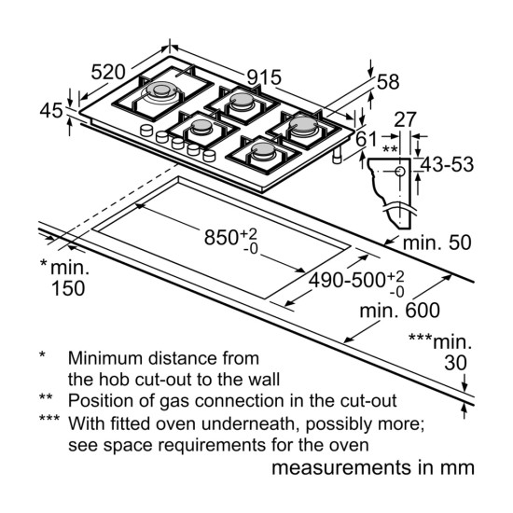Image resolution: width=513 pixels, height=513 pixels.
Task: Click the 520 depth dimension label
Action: click(108, 73)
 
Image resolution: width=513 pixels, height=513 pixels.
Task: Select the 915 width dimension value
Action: click(264, 77)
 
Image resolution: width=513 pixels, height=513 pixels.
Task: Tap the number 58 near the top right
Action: click(388, 82)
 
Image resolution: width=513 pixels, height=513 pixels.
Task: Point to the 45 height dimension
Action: click(51, 110)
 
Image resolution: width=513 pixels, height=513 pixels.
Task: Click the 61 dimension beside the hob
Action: click(367, 139)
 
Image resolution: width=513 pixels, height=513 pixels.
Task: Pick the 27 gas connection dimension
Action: click(405, 119)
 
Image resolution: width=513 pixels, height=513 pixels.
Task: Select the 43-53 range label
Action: click(447, 164)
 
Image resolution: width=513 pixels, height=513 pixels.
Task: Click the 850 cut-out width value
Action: click(221, 237)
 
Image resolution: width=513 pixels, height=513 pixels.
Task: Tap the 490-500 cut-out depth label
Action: click(347, 281)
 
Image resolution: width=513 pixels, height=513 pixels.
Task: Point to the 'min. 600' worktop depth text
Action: click(400, 311)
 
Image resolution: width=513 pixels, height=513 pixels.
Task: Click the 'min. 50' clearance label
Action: click(437, 243)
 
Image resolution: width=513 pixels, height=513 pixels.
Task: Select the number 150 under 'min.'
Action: click(68, 288)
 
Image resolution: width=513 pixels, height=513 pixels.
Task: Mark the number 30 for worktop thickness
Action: click(455, 363)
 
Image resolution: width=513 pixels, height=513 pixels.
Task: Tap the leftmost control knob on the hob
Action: click(146, 130)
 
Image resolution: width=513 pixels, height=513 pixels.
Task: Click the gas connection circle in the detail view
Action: click(400, 172)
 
